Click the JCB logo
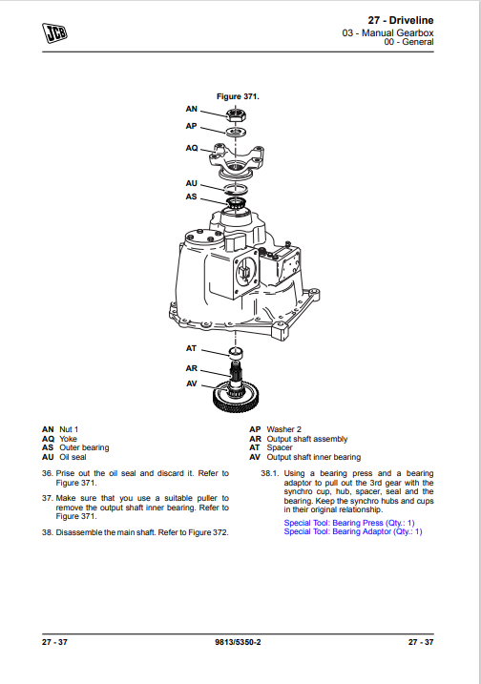click(x=54, y=33)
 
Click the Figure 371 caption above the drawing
click(x=238, y=96)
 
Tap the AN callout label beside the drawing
click(x=191, y=109)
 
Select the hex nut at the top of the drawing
click(x=236, y=115)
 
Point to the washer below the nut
click(x=236, y=132)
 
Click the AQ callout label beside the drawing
click(x=192, y=148)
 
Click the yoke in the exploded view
click(x=237, y=159)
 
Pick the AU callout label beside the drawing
click(x=191, y=183)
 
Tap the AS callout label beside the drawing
click(x=191, y=197)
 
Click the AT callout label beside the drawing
click(x=191, y=348)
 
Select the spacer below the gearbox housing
click(x=236, y=353)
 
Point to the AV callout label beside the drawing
click(x=192, y=383)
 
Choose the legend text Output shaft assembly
click(x=307, y=439)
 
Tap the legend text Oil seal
click(x=73, y=457)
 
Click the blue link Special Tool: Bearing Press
click(x=349, y=523)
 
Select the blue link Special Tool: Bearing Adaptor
click(x=353, y=531)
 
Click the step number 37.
click(x=47, y=498)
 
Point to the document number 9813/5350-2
click(x=238, y=642)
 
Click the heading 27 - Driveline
click(x=401, y=20)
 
